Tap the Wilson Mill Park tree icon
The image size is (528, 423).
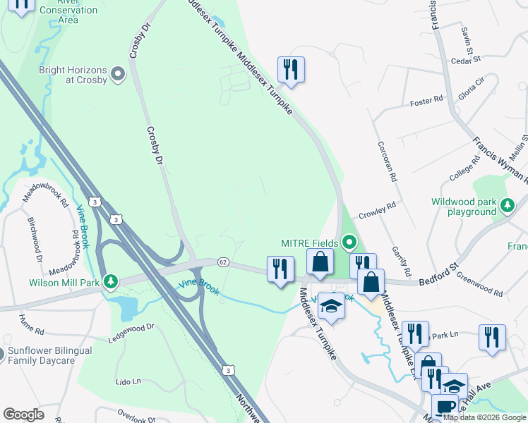(x=110, y=283)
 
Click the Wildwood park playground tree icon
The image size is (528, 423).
(x=507, y=206)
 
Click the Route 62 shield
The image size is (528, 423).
(x=222, y=262)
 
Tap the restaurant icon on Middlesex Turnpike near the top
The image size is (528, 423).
(x=290, y=70)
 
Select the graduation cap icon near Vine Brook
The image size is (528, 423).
(x=330, y=306)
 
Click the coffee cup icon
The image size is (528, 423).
(x=445, y=407)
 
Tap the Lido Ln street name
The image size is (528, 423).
(x=128, y=381)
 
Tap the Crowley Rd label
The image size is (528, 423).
(x=378, y=209)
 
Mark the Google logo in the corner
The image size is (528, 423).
(x=23, y=415)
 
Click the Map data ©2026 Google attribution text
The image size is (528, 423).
(x=484, y=417)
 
